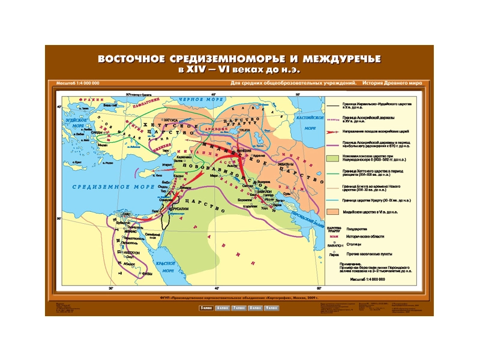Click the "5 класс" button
point(206,308)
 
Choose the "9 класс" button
point(271,308)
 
